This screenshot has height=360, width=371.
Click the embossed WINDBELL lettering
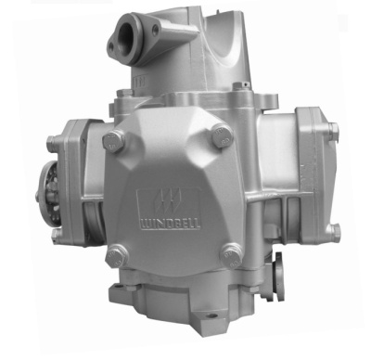coord(171,224)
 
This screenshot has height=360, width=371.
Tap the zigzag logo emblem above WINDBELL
coord(169,202)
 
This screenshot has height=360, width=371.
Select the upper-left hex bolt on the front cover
coord(114,141)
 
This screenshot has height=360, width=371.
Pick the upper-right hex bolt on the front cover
coord(222,135)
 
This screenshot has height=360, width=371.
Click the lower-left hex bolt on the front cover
coord(117,255)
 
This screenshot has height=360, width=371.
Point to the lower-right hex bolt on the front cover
coord(231,255)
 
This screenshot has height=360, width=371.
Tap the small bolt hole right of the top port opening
coord(155,30)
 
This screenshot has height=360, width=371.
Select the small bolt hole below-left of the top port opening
coord(111,47)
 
